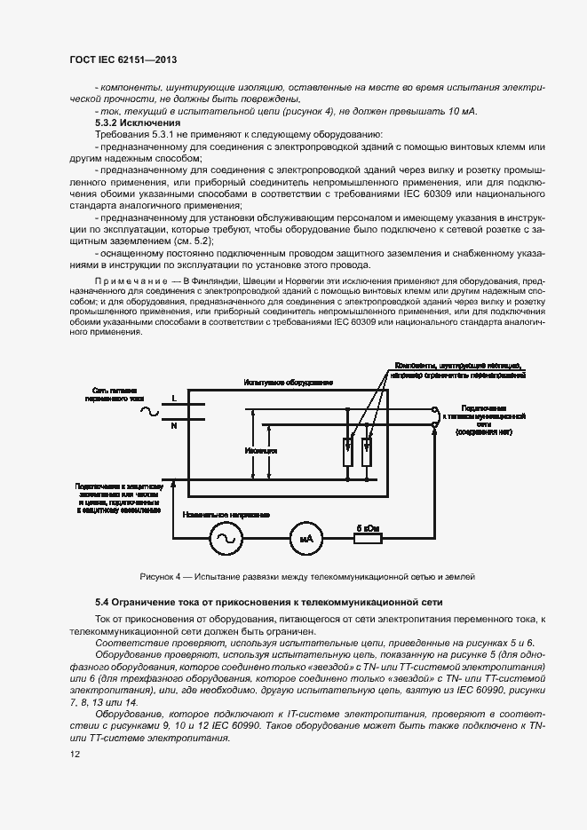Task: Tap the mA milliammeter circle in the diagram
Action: [x=302, y=538]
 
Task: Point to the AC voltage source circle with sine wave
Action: [x=224, y=538]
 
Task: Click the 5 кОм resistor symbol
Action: [x=368, y=538]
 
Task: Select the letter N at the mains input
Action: [x=173, y=426]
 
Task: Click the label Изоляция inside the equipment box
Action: [x=260, y=451]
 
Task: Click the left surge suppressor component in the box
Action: [x=347, y=452]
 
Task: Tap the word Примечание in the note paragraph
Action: [x=134, y=280]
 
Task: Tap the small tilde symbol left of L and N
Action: [x=146, y=411]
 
